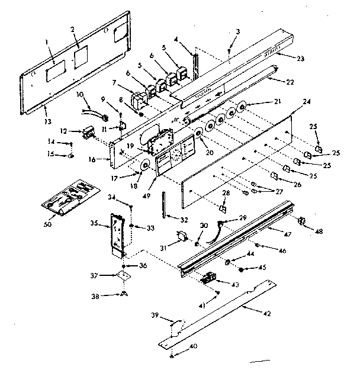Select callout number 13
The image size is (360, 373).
[45, 107]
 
